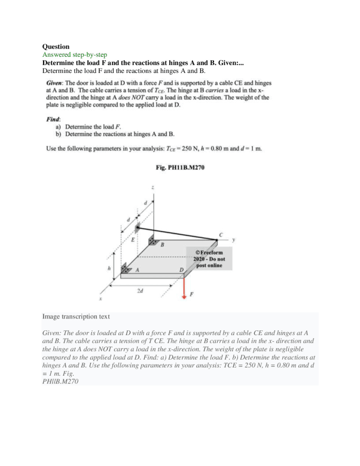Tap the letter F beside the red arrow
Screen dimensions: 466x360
coord(192,295)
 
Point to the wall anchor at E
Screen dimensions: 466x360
coord(137,228)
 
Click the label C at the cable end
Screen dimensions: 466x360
coord(221,234)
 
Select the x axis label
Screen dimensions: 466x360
coord(101,298)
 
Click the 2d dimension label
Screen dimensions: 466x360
coord(139,290)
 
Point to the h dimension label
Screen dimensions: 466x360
coord(108,268)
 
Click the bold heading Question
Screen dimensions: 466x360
coord(56,46)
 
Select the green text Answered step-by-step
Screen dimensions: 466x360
coord(74,54)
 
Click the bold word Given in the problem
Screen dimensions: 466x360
coord(56,81)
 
